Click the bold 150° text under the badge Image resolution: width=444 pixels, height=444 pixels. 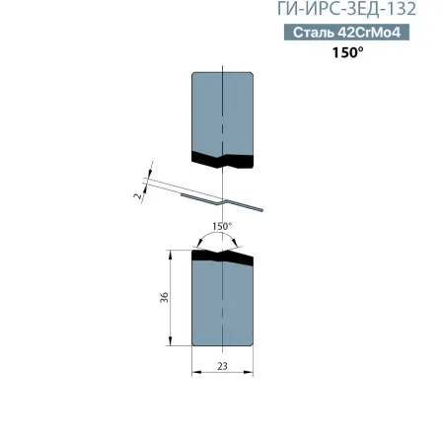[x=347, y=53]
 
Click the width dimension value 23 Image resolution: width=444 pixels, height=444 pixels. [x=223, y=366]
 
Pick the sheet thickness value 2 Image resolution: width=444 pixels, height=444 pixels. [x=137, y=196]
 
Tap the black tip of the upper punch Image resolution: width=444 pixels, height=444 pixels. [x=223, y=158]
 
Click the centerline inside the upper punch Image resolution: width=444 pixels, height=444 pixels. [x=224, y=109]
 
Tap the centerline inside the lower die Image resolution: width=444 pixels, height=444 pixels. [x=224, y=306]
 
